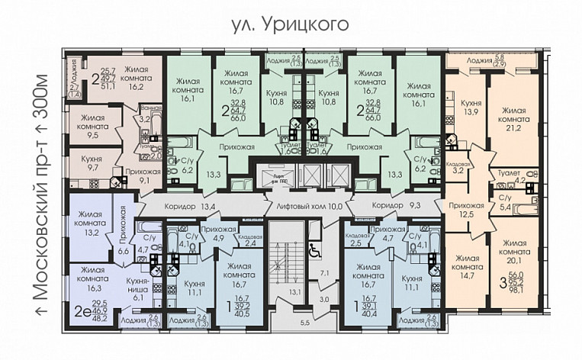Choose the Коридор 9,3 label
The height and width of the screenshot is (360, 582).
point(393,205)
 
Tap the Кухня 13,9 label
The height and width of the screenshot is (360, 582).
point(467,107)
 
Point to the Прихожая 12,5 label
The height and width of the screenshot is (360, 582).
point(466,210)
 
